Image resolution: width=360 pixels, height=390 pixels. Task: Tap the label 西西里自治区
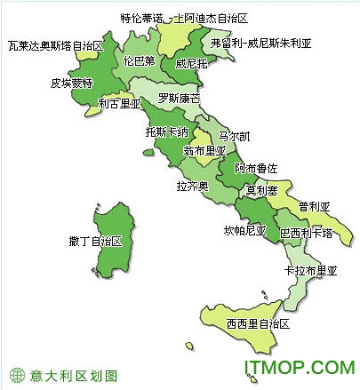pos(258,322)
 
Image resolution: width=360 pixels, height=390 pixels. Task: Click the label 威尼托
pos(191,64)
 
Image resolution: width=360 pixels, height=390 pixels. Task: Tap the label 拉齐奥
pos(192,187)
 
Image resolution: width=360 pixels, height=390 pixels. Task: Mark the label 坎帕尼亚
pos(244,231)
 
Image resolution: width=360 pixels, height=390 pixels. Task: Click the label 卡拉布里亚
pos(310,269)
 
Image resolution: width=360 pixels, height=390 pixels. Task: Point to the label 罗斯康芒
pos(180,97)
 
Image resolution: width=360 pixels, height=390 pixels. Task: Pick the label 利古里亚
pos(119,104)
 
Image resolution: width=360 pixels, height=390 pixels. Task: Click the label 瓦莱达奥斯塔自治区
pos(55,44)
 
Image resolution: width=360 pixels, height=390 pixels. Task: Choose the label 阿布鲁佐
pos(256,168)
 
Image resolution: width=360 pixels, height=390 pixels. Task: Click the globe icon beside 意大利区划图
pos(15,374)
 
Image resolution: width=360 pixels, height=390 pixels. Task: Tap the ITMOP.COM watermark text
pos(302,366)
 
